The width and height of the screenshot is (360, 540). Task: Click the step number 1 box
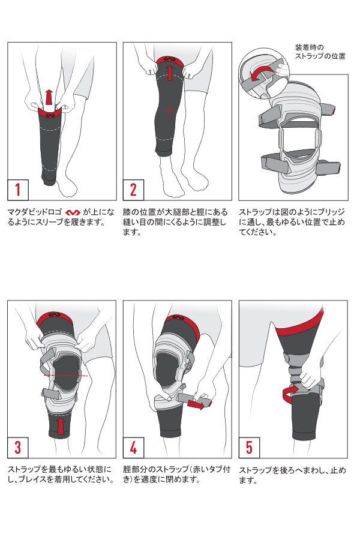pos(18,190)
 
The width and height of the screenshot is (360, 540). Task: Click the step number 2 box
pos(133,190)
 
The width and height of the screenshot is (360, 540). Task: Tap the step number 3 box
pos(18,448)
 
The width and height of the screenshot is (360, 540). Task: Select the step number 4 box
pos(133,448)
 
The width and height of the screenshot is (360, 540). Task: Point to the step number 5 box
pos(249,448)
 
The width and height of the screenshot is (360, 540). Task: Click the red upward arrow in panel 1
pos(49,97)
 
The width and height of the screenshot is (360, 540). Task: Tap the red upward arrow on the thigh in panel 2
pos(169,73)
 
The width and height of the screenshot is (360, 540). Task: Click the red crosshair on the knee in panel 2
pos(169,111)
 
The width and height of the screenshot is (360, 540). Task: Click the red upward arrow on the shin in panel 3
pos(61,426)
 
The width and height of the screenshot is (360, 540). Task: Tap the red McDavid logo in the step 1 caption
pos(73,212)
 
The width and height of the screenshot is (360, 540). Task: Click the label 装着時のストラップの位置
pos(320,52)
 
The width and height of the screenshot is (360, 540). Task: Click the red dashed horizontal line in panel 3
pos(65,375)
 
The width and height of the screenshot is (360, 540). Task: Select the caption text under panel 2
pos(175,222)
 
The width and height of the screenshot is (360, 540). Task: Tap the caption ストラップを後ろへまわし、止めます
pos(292,475)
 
